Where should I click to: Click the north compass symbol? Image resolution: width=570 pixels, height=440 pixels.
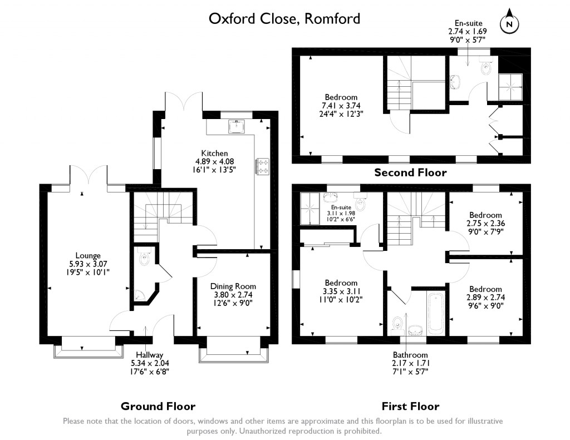pyautogui.click(x=509, y=22)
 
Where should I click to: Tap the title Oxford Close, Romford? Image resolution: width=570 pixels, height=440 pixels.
pyautogui.click(x=284, y=18)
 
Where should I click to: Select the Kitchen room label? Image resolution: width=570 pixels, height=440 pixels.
pyautogui.click(x=214, y=154)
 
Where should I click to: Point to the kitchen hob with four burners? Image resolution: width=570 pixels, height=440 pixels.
pyautogui.click(x=263, y=166)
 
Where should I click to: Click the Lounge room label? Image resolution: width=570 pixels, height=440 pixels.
pyautogui.click(x=88, y=255)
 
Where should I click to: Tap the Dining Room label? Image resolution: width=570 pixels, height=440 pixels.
pyautogui.click(x=233, y=286)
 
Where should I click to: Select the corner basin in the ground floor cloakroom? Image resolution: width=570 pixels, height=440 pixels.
pyautogui.click(x=139, y=296)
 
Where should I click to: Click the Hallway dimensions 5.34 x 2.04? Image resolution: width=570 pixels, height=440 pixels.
pyautogui.click(x=150, y=363)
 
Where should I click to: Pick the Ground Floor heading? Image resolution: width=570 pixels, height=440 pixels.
pyautogui.click(x=158, y=406)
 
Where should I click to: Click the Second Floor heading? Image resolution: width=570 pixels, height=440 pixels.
pyautogui.click(x=410, y=172)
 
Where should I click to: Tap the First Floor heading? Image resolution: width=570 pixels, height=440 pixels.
pyautogui.click(x=410, y=406)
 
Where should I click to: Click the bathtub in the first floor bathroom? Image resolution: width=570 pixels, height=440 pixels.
pyautogui.click(x=435, y=314)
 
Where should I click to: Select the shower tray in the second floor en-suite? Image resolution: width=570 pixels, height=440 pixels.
pyautogui.click(x=510, y=87)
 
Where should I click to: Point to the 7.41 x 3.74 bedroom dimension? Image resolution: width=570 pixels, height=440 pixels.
pyautogui.click(x=341, y=105)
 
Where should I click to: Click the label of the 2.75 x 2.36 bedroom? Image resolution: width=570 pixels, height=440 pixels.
pyautogui.click(x=485, y=215)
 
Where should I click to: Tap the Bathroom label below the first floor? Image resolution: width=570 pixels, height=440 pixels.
pyautogui.click(x=410, y=355)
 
